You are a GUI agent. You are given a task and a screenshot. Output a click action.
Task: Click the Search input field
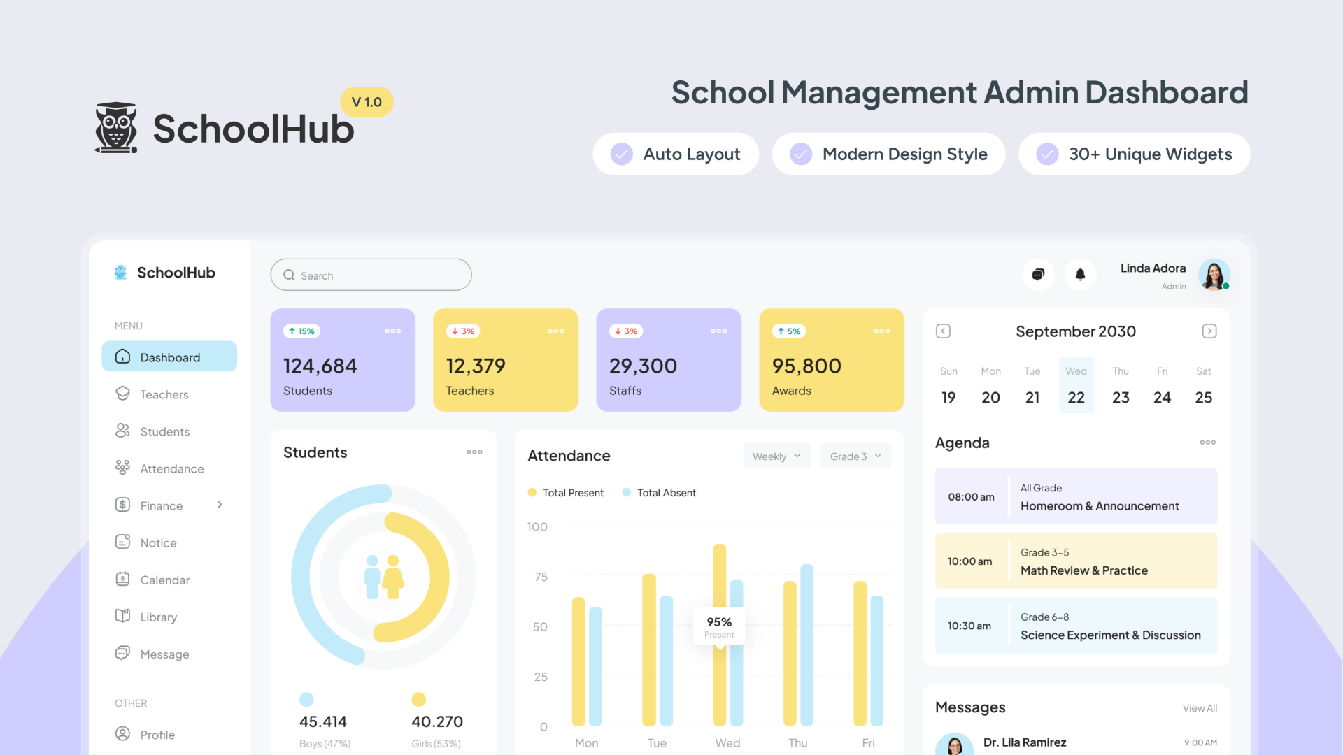371,275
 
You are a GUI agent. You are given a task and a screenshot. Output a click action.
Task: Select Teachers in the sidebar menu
164,394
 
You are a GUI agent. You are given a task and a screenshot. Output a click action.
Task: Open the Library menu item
158,617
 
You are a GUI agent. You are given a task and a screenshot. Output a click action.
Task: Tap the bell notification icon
1080,275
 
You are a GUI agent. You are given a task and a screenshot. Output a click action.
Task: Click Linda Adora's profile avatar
1214,275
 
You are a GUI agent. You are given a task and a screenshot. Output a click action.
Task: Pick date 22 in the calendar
1076,397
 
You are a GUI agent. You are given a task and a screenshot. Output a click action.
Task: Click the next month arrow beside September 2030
1209,331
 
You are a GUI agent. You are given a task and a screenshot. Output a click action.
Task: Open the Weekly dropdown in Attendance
776,456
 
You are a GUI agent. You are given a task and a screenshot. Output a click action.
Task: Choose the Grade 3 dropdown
855,456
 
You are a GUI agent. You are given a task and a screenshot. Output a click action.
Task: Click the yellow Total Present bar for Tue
649,650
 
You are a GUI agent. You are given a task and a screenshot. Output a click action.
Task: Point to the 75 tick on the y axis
541,577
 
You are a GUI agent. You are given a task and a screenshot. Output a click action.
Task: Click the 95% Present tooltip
719,626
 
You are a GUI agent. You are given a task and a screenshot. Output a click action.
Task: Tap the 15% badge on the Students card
301,331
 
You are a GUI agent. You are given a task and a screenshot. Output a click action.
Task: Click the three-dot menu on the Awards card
881,331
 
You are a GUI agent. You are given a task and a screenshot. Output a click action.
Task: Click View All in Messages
1200,708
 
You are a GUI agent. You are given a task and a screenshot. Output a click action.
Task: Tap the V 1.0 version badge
367,102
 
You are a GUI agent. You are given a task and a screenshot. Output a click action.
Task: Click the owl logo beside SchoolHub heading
116,128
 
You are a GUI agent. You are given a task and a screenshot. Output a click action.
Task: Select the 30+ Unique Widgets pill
1134,154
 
